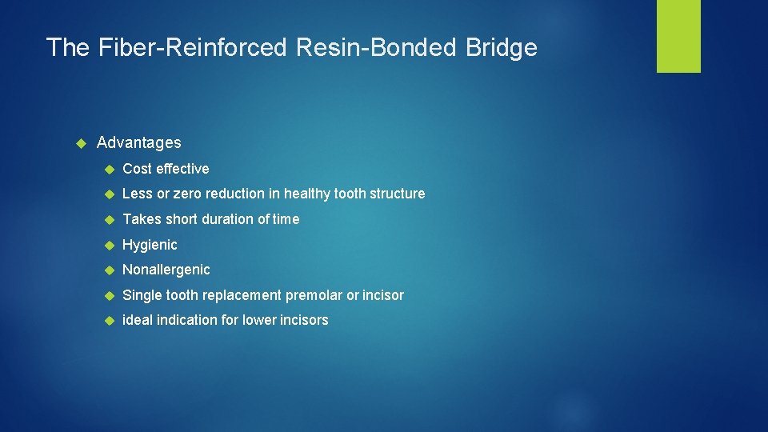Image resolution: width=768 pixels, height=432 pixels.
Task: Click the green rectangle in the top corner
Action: click(x=678, y=36)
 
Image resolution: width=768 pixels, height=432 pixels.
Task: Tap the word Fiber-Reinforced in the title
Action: click(x=192, y=48)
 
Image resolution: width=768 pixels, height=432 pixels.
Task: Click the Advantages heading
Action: click(x=138, y=143)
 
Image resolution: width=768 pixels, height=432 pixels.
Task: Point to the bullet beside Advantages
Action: click(x=80, y=143)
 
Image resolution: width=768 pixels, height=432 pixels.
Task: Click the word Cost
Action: click(x=137, y=169)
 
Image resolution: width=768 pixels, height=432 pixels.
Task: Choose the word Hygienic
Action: click(x=150, y=245)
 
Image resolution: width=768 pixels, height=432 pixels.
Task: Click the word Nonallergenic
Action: click(x=166, y=270)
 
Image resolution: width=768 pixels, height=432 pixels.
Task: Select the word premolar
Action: click(x=314, y=295)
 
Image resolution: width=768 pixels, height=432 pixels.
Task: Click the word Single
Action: click(x=142, y=295)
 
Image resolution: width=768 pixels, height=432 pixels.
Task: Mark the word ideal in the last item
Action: click(x=136, y=320)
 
